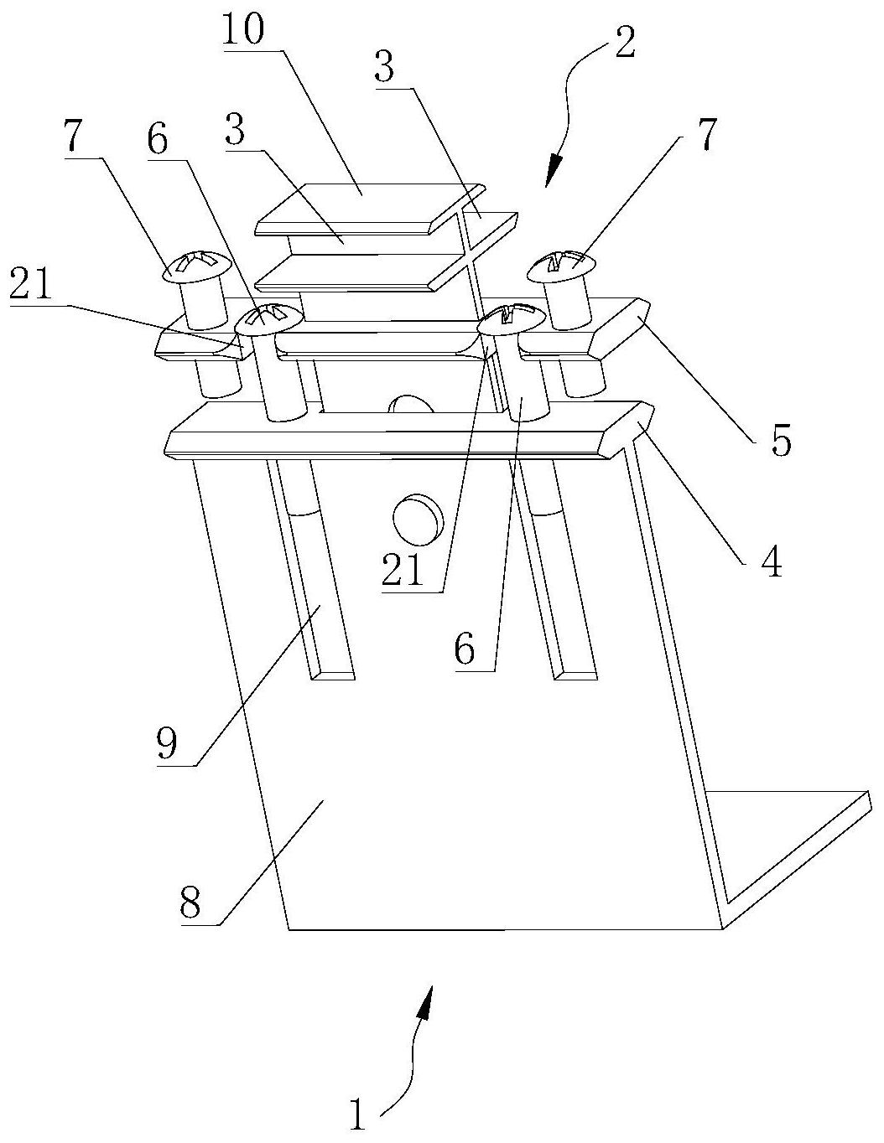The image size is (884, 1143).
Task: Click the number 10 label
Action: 242,31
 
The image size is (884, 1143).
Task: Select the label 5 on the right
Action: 780,441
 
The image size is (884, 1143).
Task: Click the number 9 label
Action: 168,744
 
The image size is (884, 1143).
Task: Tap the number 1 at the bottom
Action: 359,1115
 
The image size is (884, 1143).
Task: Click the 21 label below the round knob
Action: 404,571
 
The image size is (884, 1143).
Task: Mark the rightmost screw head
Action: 561,265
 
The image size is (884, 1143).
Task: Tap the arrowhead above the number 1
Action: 428,1002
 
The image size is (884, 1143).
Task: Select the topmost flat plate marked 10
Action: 369,201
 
